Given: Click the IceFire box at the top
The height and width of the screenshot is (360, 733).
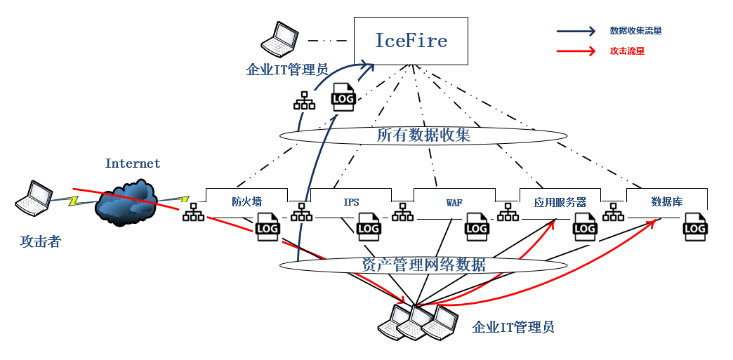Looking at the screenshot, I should pyautogui.click(x=411, y=41).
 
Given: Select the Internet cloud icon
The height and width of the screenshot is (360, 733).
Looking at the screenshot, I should pyautogui.click(x=126, y=203).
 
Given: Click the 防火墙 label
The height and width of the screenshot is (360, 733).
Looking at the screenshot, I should pyautogui.click(x=246, y=202).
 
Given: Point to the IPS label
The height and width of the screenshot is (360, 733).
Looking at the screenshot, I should pyautogui.click(x=351, y=202).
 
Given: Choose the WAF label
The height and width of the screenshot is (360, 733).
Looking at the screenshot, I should pyautogui.click(x=454, y=203).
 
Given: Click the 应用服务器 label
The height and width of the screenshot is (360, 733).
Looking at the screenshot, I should pyautogui.click(x=560, y=202).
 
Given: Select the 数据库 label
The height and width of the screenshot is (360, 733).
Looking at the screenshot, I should pyautogui.click(x=666, y=202).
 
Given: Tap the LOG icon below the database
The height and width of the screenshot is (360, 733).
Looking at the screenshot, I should pyautogui.click(x=695, y=228).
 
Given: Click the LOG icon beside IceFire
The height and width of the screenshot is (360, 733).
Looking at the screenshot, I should pyautogui.click(x=343, y=98).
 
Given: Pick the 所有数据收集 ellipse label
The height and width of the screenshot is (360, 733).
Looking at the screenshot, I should pyautogui.click(x=423, y=135).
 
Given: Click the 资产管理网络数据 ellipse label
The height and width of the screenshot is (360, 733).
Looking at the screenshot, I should pyautogui.click(x=423, y=265).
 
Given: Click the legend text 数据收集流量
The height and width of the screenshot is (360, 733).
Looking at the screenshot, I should pyautogui.click(x=635, y=31).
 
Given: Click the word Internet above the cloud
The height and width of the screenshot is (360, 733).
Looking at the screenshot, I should pyautogui.click(x=133, y=164).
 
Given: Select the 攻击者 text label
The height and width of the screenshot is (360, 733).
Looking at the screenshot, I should pyautogui.click(x=40, y=242).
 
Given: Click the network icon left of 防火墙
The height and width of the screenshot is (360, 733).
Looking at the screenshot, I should pyautogui.click(x=193, y=212).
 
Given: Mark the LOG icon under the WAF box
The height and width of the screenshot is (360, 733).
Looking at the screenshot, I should pyautogui.click(x=477, y=228).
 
